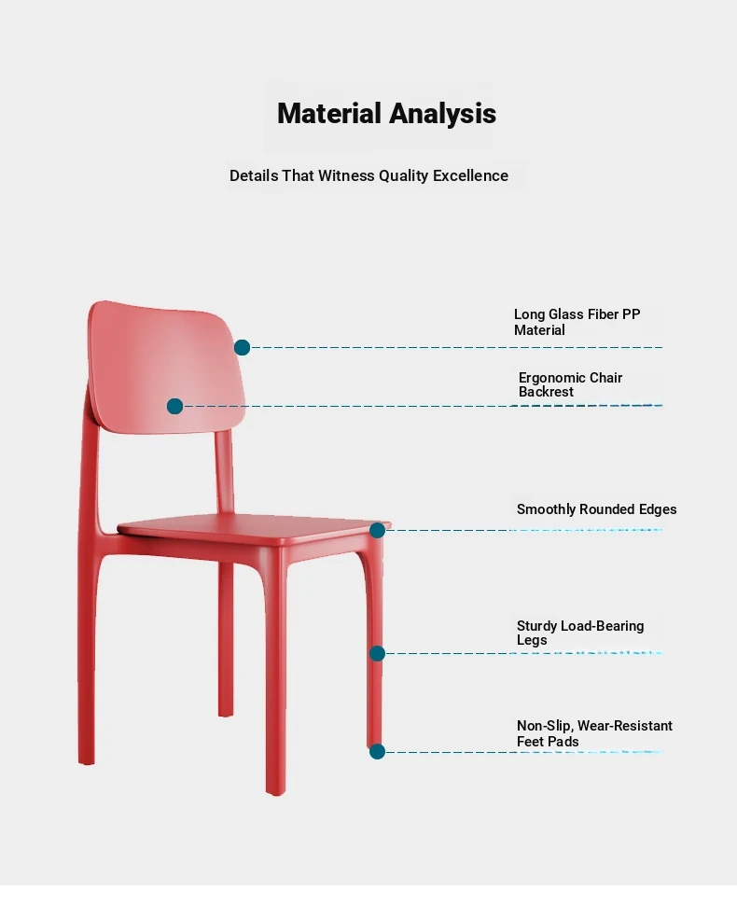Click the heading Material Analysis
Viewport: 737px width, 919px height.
pyautogui.click(x=386, y=114)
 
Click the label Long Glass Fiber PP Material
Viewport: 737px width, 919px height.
pyautogui.click(x=577, y=322)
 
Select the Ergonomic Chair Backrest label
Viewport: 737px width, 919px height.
pyautogui.click(x=570, y=384)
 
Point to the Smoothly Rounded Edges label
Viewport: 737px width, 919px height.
pyautogui.click(x=596, y=509)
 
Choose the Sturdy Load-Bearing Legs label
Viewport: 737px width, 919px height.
pyautogui.click(x=580, y=633)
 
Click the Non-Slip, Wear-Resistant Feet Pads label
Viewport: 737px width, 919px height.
pyautogui.click(x=594, y=733)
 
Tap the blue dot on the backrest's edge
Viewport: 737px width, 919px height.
pyautogui.click(x=242, y=348)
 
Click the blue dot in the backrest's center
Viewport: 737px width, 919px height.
pyautogui.click(x=174, y=406)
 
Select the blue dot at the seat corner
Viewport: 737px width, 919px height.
pyautogui.click(x=377, y=531)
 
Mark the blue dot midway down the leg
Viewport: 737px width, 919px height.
pyautogui.click(x=377, y=653)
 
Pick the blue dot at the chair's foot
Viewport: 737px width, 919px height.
pyautogui.click(x=377, y=751)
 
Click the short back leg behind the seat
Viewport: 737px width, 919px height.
pyautogui.click(x=226, y=639)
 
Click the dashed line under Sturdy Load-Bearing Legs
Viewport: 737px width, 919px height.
pyautogui.click(x=523, y=653)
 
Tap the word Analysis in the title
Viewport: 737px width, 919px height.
pyautogui.click(x=442, y=114)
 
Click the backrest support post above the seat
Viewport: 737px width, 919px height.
pyautogui.click(x=225, y=472)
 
